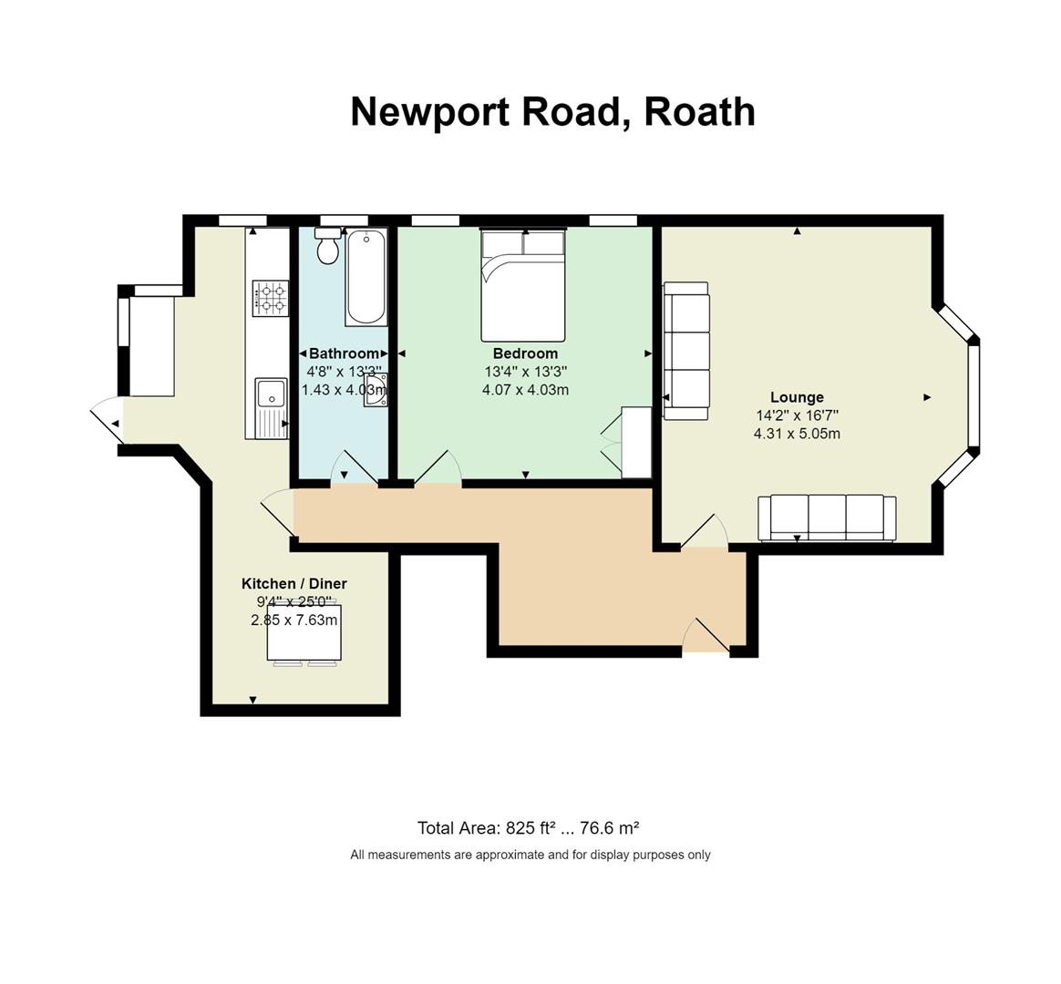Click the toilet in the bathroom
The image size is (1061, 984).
(x=328, y=245)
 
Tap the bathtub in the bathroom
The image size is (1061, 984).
(x=366, y=277)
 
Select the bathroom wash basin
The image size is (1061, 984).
(x=376, y=390)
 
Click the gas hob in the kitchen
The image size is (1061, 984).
(x=271, y=298)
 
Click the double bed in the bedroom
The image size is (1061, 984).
(x=522, y=285)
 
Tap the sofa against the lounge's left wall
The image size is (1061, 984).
(x=685, y=351)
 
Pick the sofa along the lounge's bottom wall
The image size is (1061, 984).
(x=827, y=518)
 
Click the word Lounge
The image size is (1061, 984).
(x=797, y=397)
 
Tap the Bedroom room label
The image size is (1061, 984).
(x=525, y=353)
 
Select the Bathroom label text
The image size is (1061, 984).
(x=344, y=353)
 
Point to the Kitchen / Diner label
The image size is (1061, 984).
(x=294, y=584)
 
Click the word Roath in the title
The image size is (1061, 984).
(x=699, y=111)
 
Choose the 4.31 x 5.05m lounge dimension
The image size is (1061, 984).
(x=797, y=434)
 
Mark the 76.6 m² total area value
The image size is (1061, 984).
(x=610, y=828)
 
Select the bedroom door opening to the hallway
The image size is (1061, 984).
(x=438, y=466)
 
